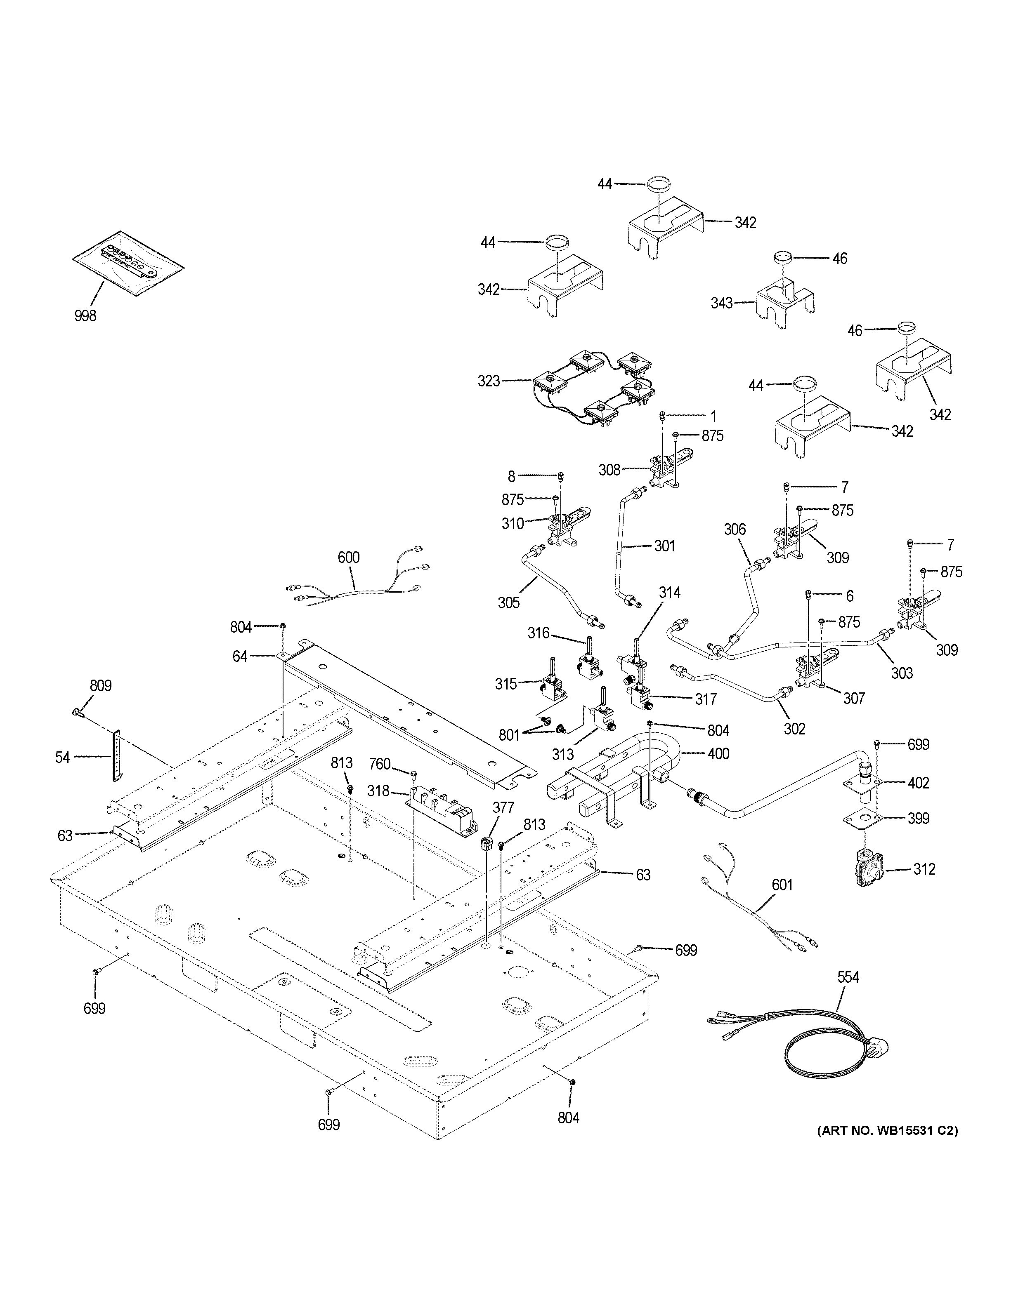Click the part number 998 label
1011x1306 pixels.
(x=85, y=315)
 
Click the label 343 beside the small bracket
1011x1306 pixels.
(x=721, y=303)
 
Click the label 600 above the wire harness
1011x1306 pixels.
(x=348, y=557)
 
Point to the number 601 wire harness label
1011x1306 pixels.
(x=781, y=885)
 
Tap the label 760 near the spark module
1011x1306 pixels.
(x=379, y=764)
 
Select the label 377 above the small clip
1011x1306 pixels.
(x=503, y=807)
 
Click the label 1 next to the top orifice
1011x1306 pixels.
(x=713, y=416)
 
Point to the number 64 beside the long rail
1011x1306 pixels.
(x=240, y=656)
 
